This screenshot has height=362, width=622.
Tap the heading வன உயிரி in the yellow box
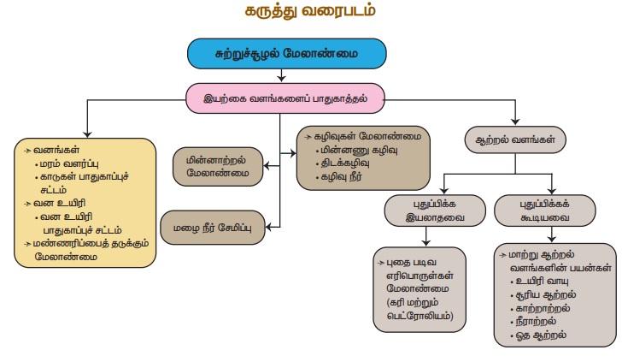coord(59,203)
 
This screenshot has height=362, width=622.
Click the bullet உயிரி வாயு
coord(539,281)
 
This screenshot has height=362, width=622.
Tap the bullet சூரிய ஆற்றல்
coord(543,295)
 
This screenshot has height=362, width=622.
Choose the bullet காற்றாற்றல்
coord(543,309)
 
